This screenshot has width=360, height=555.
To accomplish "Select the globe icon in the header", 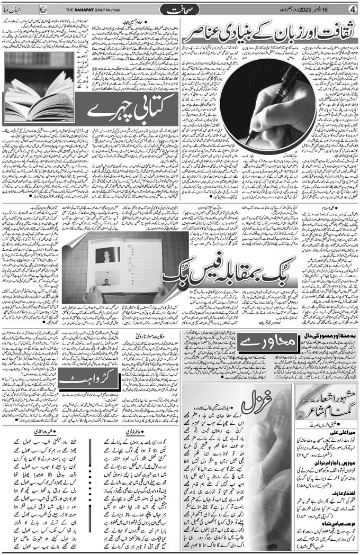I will (43, 9).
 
